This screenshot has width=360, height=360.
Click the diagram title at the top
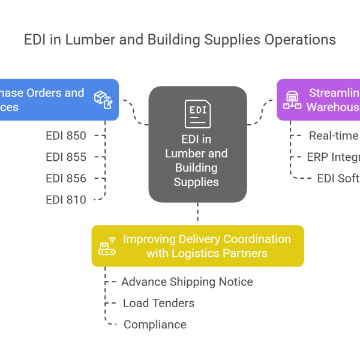point(180,40)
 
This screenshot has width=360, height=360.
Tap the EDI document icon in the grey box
point(197,113)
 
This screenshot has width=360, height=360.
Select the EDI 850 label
point(66,136)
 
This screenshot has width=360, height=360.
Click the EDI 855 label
point(66,157)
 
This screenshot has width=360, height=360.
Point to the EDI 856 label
point(66,178)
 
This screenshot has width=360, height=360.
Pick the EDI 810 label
point(66,200)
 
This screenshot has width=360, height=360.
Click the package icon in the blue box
point(103,100)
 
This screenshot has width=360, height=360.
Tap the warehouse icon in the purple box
point(292,100)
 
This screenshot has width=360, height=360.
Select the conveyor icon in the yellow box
point(107,246)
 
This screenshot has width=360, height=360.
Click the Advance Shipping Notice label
point(187,282)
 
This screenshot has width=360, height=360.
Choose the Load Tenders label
point(158,303)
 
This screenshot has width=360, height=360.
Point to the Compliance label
point(155,325)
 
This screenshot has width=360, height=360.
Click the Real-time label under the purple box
point(334,136)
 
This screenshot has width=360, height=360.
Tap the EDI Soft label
point(338,178)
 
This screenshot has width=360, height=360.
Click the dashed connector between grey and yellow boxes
point(197,214)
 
